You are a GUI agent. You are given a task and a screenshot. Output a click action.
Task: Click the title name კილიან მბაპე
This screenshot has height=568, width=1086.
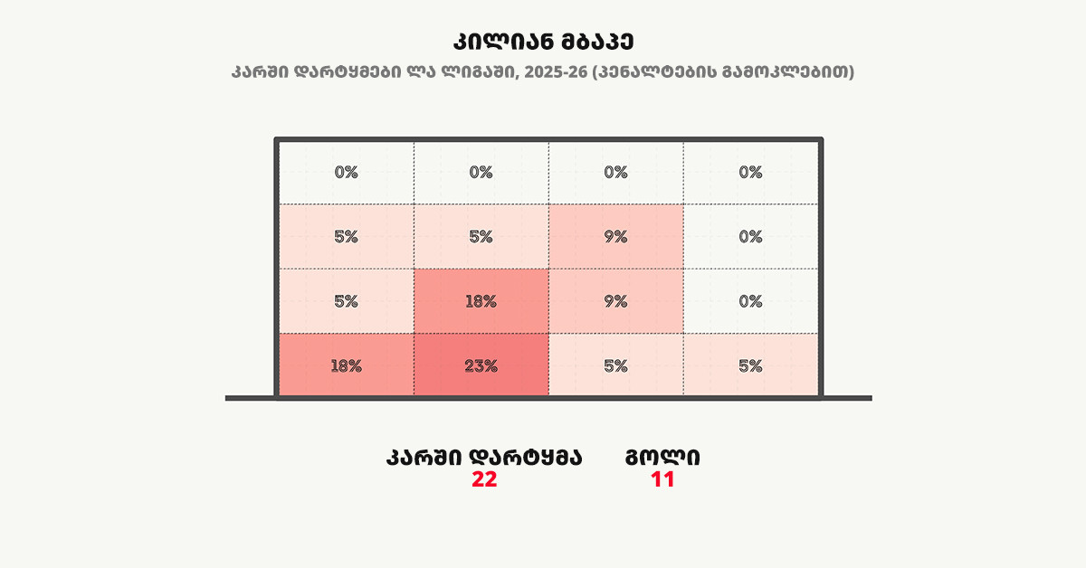543,43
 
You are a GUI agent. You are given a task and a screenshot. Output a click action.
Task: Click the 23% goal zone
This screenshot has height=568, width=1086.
481,365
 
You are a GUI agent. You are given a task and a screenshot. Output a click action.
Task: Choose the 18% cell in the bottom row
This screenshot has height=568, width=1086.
346,365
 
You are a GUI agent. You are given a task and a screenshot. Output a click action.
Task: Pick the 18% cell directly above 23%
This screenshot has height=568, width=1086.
481,301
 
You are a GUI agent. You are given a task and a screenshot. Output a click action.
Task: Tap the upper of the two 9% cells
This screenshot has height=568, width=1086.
615,237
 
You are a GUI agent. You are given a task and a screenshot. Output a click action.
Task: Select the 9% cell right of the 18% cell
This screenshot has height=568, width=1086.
615,301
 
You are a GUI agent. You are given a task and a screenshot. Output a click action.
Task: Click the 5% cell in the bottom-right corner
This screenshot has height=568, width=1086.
750,365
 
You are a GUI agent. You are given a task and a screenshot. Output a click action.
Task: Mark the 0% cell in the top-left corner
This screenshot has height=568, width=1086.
346,172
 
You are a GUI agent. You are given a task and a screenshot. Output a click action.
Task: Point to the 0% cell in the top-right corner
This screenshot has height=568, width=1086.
750,172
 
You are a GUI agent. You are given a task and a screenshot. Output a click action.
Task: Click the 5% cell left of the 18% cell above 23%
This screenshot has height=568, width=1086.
346,301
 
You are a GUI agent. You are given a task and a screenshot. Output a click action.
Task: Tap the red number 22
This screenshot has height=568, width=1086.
484,480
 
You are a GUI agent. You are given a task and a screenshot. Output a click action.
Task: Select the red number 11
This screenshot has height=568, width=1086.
662,480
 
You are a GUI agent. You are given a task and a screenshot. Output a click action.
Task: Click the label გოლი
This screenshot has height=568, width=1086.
662,458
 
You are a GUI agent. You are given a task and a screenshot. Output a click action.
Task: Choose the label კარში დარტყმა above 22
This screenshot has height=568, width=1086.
484,458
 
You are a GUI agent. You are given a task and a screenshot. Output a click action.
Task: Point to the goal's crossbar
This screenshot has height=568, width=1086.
548,139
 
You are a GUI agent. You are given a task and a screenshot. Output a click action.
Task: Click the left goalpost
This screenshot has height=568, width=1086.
277,271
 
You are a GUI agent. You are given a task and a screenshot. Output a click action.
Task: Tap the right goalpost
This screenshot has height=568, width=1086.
821,271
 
